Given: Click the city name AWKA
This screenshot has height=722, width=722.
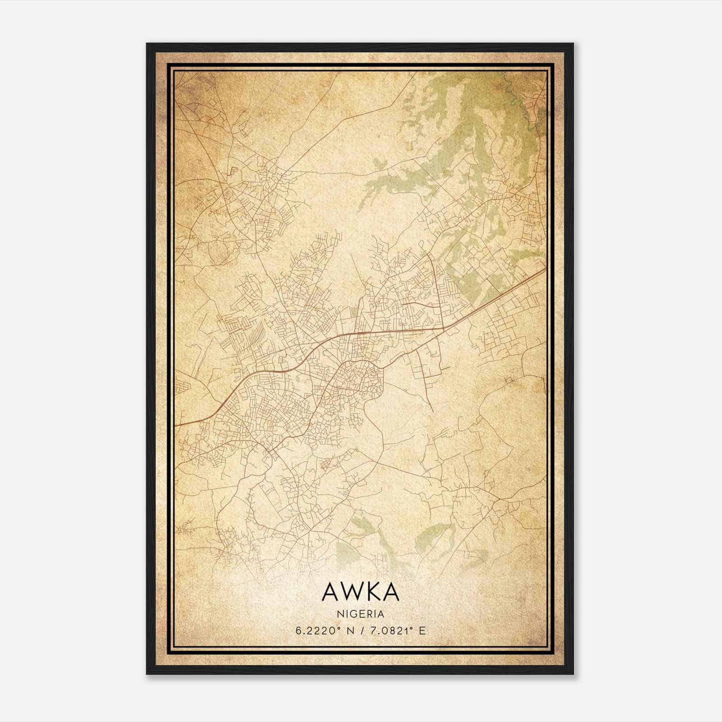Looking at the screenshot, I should pos(361,592).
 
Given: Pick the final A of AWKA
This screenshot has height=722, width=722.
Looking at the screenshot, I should pos(391,592).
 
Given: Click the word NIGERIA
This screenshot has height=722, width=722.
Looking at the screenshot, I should pos(361,614).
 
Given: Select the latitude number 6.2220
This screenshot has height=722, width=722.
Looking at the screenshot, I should pos(313,631).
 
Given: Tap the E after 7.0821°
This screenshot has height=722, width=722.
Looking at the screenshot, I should pos(422,631).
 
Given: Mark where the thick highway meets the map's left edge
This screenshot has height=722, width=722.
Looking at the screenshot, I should pos(176,425).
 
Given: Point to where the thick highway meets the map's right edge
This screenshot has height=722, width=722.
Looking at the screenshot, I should pos(546,270).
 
